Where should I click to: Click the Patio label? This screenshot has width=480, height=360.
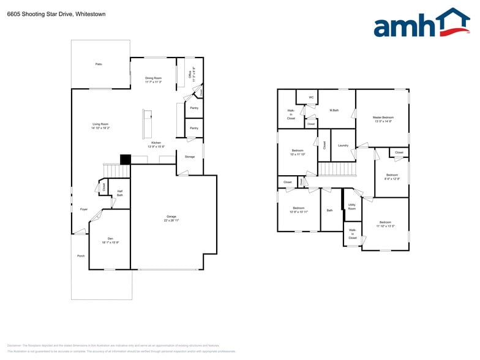click(98, 64)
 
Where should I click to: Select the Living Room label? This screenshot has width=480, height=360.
click(100, 126)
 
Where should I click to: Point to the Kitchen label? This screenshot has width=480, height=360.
click(156, 144)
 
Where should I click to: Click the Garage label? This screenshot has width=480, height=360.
click(171, 217)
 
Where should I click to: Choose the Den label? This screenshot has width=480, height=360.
click(110, 240)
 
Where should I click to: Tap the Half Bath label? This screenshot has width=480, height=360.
click(120, 193)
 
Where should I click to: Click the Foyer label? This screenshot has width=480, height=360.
click(84, 209)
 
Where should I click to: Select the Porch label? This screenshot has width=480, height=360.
click(81, 256)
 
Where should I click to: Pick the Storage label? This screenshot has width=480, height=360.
click(190, 157)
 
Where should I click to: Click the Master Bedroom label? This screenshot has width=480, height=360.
click(383, 119)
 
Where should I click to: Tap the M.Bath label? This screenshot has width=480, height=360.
click(334, 111)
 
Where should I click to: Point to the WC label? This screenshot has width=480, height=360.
click(311, 97)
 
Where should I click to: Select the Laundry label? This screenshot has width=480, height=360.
click(343, 145)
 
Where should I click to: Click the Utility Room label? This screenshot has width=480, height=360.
click(352, 207)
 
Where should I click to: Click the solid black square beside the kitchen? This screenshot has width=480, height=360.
click(126, 159)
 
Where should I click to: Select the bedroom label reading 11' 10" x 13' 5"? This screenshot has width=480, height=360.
click(385, 224)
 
